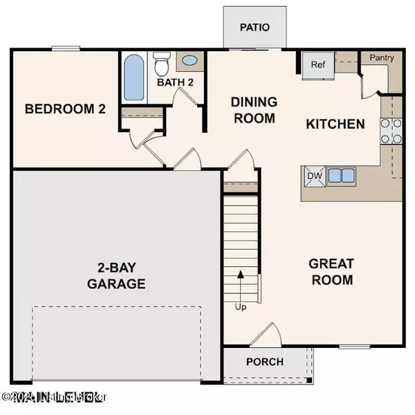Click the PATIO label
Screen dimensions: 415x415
pos(253,28)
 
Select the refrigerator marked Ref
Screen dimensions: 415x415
pos(318,66)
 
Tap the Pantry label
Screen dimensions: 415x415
pos(381,58)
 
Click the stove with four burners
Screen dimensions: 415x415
pos(389,131)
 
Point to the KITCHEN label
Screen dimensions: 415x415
pos(335,124)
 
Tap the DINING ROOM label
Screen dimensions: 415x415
pos(254,110)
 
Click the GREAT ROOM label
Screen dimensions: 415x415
pos(331,272)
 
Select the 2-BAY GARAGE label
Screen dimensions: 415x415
pos(116,275)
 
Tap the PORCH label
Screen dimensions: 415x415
pos(264,362)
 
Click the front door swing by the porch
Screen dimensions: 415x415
pos(265,338)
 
